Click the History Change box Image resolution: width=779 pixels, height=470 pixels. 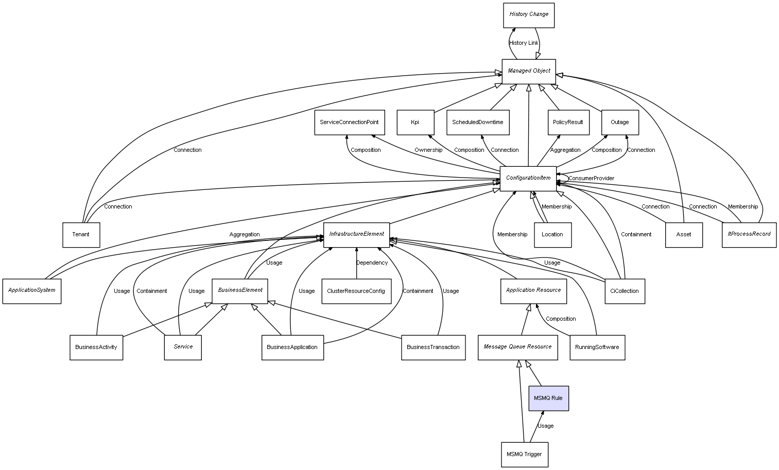tap(529, 15)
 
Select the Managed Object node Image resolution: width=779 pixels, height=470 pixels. tap(529, 72)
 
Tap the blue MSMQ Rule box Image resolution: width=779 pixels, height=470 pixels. tap(548, 398)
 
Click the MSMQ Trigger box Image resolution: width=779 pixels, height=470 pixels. tap(525, 455)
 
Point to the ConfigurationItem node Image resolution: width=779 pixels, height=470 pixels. tap(528, 179)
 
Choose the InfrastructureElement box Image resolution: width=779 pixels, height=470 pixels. tap(356, 235)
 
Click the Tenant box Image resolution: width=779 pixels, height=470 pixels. tap(81, 235)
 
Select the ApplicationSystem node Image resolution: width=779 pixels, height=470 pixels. tap(31, 291)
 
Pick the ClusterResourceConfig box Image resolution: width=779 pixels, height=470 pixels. tap(356, 291)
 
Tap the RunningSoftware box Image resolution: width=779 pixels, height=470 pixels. tap(597, 347)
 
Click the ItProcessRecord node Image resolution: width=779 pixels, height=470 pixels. tap(749, 235)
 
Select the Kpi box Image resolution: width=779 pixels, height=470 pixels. tap(416, 123)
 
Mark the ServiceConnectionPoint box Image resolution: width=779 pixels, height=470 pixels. tap(350, 123)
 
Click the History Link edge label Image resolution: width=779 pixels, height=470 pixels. tap(524, 43)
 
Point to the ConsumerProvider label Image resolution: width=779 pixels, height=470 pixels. tap(591, 178)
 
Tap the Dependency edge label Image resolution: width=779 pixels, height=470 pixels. tap(372, 263)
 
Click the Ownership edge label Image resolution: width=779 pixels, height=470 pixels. tap(428, 150)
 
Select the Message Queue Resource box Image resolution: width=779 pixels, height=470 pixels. tap(517, 347)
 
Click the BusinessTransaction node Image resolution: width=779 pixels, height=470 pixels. tap(434, 347)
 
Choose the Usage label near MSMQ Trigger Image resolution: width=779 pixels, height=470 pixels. tap(545, 426)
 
